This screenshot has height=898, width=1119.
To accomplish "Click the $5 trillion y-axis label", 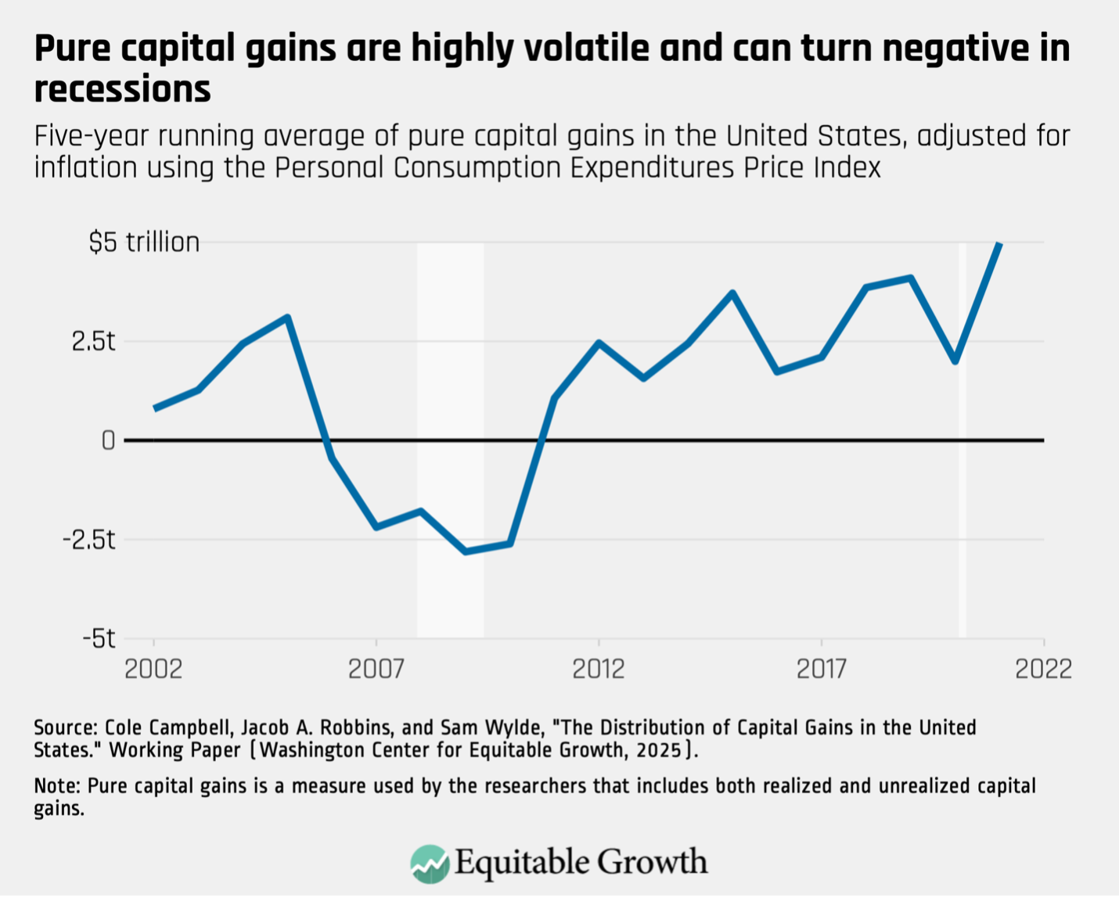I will pos(144,242).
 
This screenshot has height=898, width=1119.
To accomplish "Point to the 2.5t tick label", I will pos(93,342).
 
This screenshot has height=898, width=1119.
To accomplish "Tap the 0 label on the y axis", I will pos(108,441).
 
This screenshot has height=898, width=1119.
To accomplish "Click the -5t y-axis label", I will pos(99,639).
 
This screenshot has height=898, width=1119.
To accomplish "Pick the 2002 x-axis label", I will pos(153,669).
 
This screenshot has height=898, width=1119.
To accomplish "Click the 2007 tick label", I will pos(376,669).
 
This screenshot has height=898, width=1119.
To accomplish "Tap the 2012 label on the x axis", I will pos(599,669).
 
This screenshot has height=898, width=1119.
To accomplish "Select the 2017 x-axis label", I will pos(822,669).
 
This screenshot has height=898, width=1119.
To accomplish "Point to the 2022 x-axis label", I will pos(1043,669).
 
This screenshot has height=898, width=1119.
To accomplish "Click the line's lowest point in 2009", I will pos(466,551).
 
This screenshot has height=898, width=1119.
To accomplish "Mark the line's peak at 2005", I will pos(288,318).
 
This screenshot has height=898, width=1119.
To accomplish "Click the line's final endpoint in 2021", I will pos(999,244).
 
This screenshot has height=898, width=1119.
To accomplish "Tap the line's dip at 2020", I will pos(955,361).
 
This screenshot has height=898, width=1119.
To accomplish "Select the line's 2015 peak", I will pos(732,293).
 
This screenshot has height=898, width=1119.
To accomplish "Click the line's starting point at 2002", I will pos(155,408).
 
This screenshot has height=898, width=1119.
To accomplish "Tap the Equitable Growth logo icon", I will pos(430,864).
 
